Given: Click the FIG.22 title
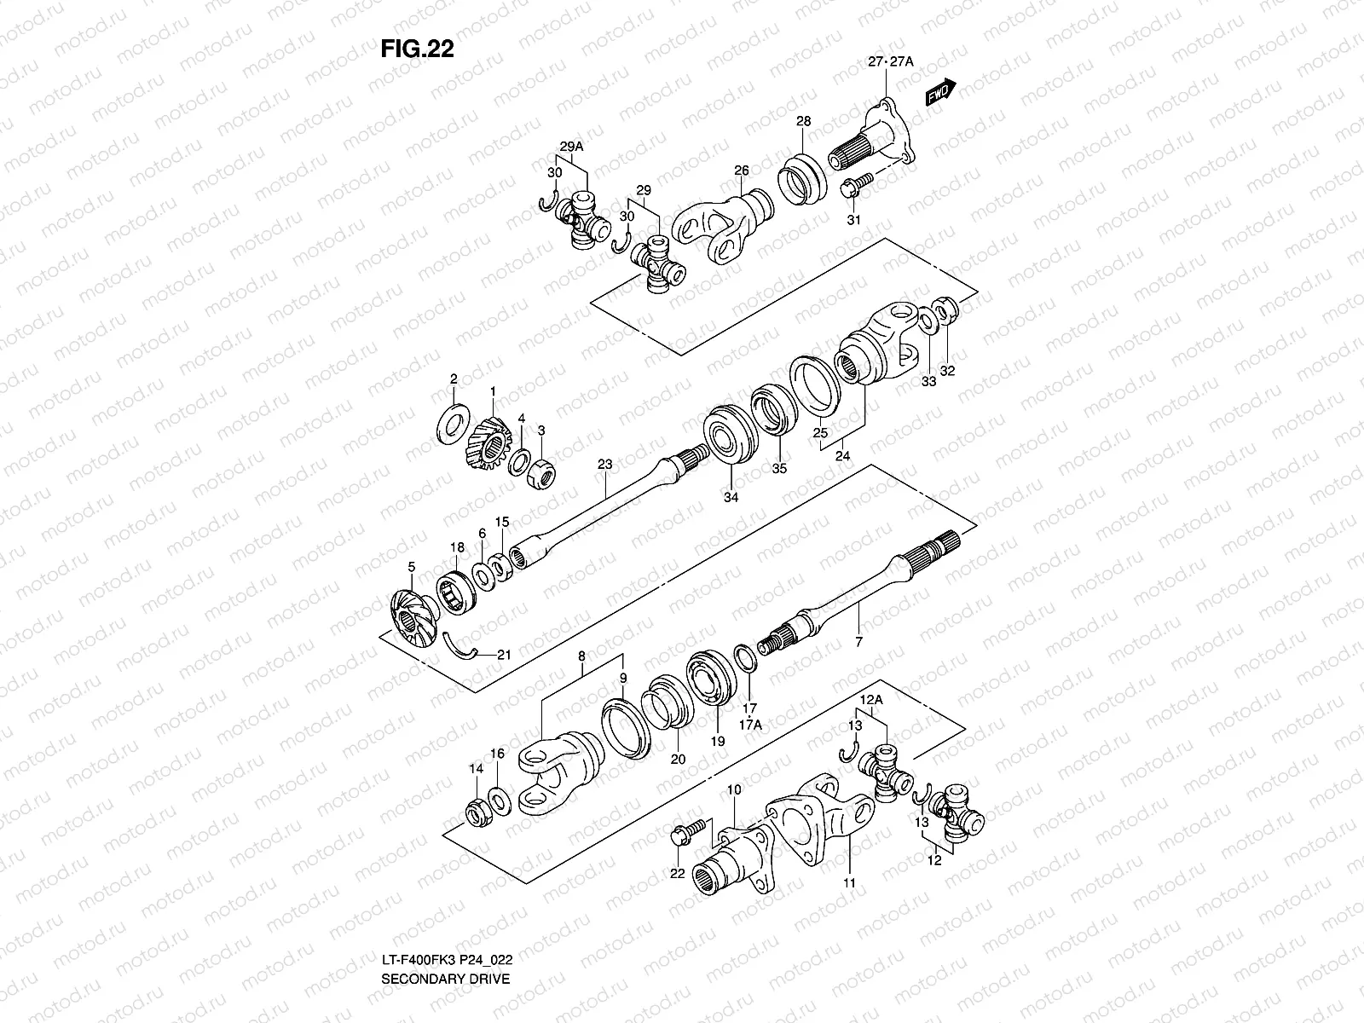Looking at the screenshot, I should pos(418,49).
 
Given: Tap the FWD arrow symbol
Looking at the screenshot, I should pos(940,91).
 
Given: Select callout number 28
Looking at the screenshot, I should pos(803,121).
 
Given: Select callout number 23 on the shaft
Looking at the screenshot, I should pos(604,465).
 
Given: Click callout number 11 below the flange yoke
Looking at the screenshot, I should pos(850,883).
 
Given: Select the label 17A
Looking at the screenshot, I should pos(750,725).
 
